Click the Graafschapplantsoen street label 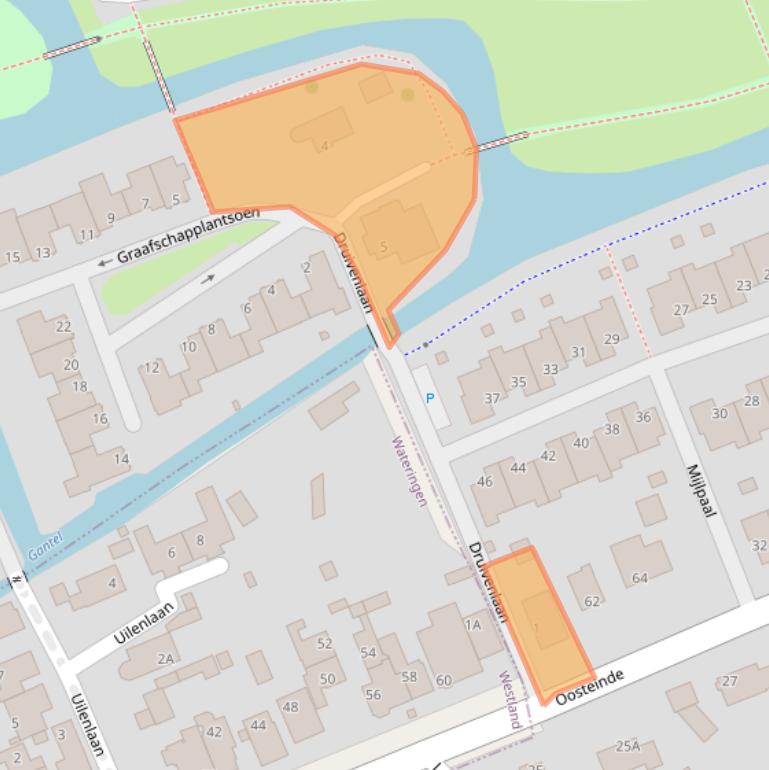click(x=188, y=235)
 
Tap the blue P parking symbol click(x=430, y=398)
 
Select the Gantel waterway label click(x=45, y=545)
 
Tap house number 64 click(x=640, y=577)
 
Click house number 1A click(x=473, y=624)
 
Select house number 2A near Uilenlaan click(x=165, y=657)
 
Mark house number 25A click(x=627, y=746)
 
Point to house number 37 click(x=492, y=398)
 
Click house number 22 click(x=64, y=327)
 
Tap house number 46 click(x=485, y=481)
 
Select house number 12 click(x=152, y=367)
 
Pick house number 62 click(x=592, y=601)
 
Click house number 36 click(x=643, y=417)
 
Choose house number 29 click(x=612, y=339)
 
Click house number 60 click(x=443, y=680)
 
